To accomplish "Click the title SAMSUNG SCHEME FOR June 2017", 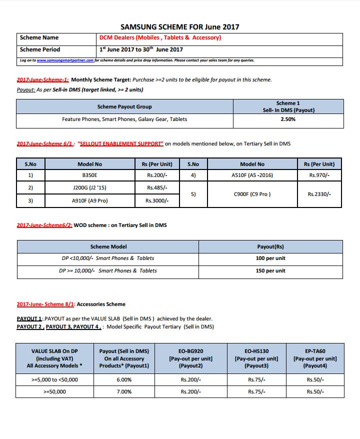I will click(x=179, y=27).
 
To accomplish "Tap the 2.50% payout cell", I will click(x=288, y=119).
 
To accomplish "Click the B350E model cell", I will click(x=89, y=175).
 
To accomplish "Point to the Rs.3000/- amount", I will click(x=157, y=200).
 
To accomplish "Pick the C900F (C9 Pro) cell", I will click(x=252, y=194).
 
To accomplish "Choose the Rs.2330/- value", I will click(x=319, y=194).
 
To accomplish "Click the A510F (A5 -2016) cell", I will click(x=252, y=175).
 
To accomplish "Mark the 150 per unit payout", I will click(x=270, y=270).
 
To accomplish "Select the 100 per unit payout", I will click(x=270, y=258).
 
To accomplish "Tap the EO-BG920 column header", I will click(x=190, y=358).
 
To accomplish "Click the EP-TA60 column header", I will click(x=315, y=358).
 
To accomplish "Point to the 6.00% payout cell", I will click(x=124, y=379).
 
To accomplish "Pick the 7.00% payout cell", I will click(x=124, y=391).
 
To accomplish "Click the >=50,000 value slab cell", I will click(x=54, y=391).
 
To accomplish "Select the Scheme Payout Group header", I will click(x=124, y=106).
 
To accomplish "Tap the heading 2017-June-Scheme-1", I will click(x=42, y=79).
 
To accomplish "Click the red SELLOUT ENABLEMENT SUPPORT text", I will click(x=120, y=144).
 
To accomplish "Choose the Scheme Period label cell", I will click(x=40, y=49).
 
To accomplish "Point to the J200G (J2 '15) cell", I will click(x=89, y=188).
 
